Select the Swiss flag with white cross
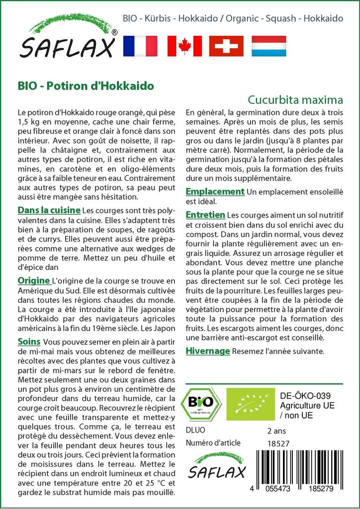click(226, 46)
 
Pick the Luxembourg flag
click(269, 46)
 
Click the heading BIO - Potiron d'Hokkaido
click(86, 85)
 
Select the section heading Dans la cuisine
click(49, 210)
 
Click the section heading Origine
click(34, 281)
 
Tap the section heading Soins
click(29, 342)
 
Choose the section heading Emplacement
click(215, 191)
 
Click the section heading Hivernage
click(208, 351)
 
